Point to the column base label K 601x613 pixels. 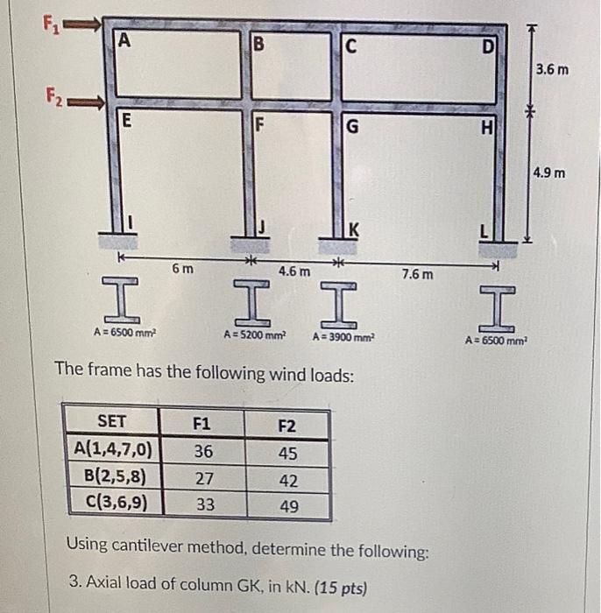[354, 230]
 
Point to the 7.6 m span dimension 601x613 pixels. [416, 274]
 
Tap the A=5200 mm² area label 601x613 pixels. [255, 335]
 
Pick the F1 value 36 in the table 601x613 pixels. [202, 452]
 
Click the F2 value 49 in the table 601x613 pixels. [286, 507]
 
